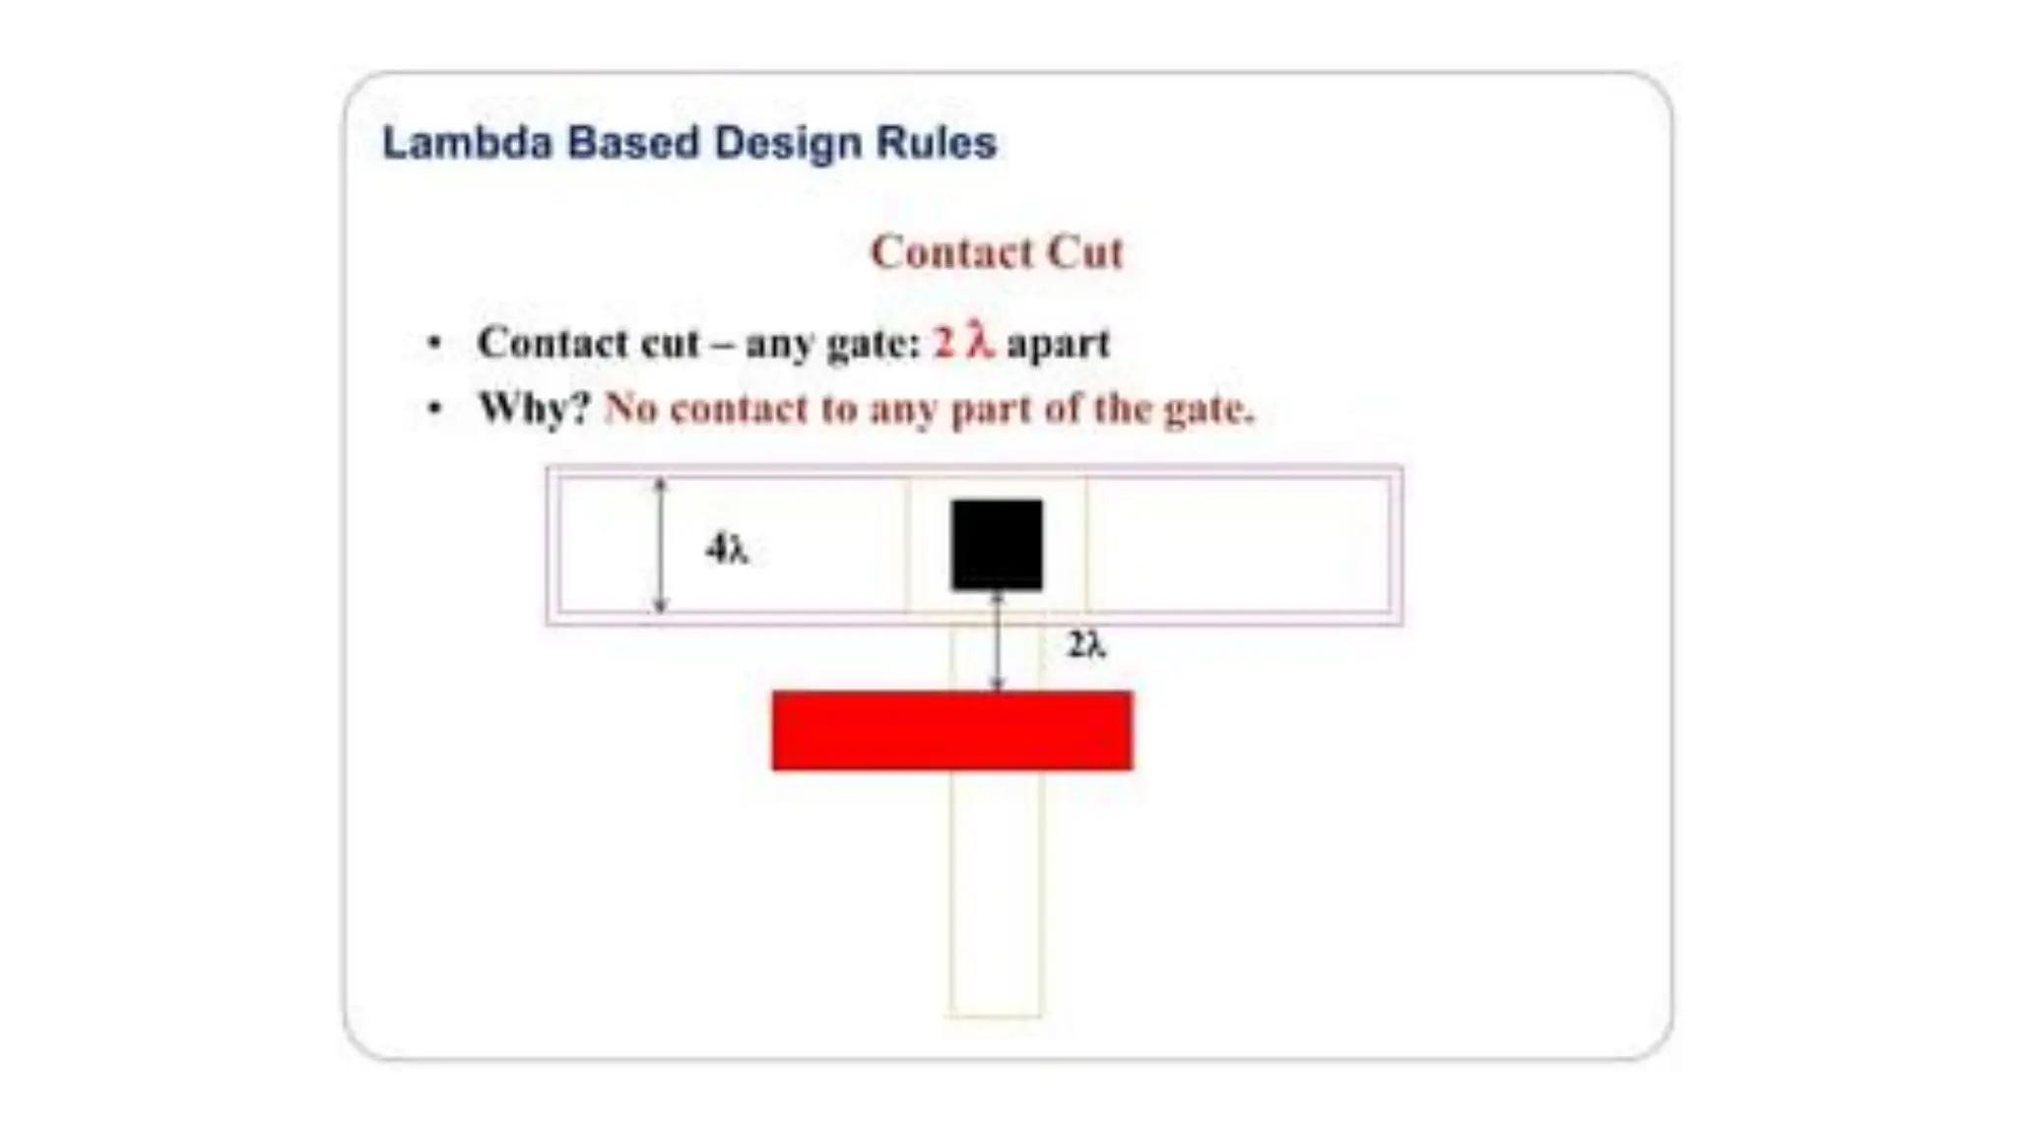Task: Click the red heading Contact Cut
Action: (997, 253)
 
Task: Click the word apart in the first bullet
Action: (1058, 344)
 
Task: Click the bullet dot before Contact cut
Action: (434, 344)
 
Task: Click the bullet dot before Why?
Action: (434, 408)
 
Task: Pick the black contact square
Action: (997, 545)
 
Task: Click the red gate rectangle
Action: (951, 731)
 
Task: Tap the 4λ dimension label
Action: (727, 549)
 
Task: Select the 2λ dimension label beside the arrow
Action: (1086, 645)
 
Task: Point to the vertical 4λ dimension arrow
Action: (661, 546)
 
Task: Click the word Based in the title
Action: (632, 144)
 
